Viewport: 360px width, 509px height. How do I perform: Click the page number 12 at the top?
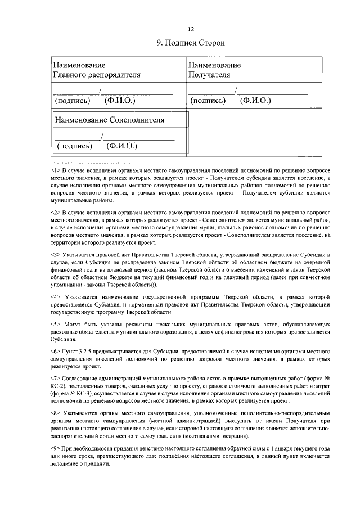click(190, 29)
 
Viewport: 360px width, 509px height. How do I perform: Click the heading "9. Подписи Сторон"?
click(190, 43)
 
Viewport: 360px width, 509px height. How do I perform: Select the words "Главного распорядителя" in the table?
click(97, 74)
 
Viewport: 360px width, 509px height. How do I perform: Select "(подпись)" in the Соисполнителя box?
click(74, 146)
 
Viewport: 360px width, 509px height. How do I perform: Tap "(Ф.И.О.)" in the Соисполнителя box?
click(122, 146)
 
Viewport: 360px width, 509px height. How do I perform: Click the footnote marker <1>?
click(55, 170)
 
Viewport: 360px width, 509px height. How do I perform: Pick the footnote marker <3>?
click(55, 255)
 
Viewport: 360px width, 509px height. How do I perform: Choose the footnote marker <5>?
click(55, 325)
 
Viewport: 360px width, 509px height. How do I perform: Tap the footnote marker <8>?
click(55, 413)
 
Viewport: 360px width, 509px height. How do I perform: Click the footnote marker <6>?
click(55, 349)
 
